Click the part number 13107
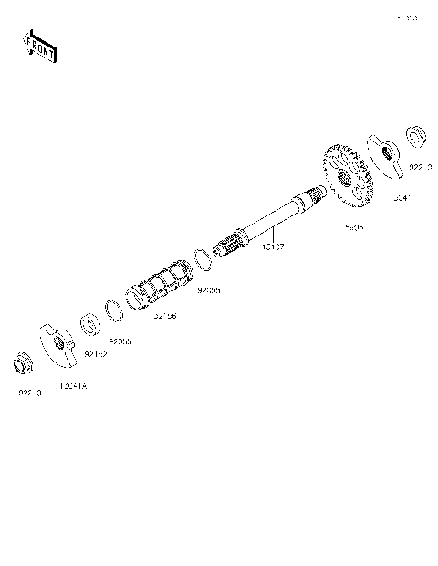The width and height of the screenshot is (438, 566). (x=273, y=246)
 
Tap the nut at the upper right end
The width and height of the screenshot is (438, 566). (x=414, y=139)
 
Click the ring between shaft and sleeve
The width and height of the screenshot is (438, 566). (x=204, y=257)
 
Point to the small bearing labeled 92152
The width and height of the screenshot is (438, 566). (x=92, y=323)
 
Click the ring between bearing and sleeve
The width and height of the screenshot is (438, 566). (x=115, y=309)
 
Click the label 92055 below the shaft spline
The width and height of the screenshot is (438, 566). (x=209, y=290)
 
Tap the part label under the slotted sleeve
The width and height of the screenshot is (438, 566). (x=165, y=316)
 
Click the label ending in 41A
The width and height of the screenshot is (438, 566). (x=72, y=387)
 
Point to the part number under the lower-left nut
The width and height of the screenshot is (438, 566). (x=30, y=393)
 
